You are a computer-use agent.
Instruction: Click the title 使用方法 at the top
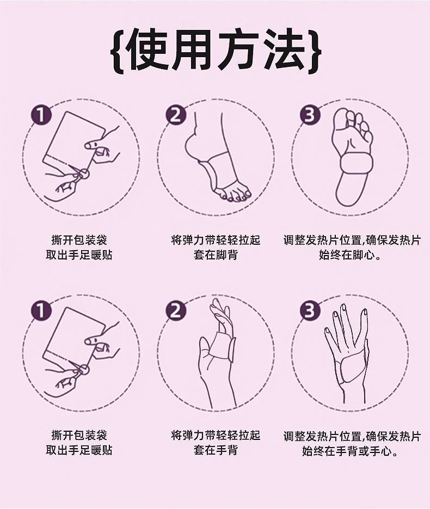[215, 49]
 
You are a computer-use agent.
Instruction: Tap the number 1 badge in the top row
[41, 115]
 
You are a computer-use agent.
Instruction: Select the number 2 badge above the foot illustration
[175, 115]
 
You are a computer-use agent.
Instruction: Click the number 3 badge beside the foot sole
[310, 115]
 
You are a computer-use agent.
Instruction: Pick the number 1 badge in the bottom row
[41, 310]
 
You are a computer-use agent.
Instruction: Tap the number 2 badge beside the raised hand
[175, 310]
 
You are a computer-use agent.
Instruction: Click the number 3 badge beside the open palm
[310, 310]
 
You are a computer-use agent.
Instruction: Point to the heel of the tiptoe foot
[192, 145]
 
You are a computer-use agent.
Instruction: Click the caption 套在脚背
[215, 255]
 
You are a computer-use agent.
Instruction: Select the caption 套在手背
[215, 450]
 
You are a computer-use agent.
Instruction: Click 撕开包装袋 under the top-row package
[79, 240]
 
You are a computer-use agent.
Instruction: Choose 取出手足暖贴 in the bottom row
[79, 450]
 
